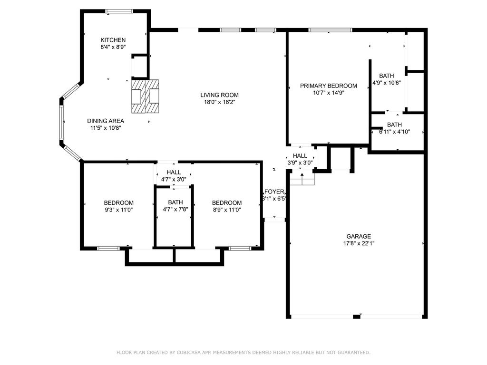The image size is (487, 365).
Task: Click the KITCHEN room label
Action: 113,40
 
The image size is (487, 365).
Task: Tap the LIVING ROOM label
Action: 219,95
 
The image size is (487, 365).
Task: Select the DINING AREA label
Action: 106,121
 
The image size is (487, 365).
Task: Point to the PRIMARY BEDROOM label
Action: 328,86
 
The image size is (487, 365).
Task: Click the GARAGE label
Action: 358,236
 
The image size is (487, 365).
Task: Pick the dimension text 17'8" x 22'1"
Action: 358,243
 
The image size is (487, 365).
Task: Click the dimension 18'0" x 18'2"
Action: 219,102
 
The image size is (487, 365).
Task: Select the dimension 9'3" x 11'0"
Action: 118,209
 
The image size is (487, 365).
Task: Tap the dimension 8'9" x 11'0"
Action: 226,209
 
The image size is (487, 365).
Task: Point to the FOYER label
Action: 274,192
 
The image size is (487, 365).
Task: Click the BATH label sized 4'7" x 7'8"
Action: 175,202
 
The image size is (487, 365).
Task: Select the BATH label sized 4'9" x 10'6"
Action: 386,76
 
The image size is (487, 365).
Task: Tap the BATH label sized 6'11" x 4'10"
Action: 394,125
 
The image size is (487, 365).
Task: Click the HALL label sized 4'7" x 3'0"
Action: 174,172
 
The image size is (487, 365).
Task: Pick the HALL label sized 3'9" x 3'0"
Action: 300,155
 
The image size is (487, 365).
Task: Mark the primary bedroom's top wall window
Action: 330,30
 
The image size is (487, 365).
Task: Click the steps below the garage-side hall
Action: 302,179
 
